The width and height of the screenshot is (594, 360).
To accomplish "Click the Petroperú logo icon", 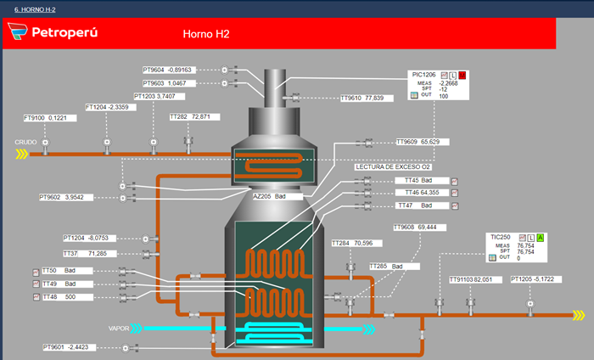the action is click(x=18, y=31).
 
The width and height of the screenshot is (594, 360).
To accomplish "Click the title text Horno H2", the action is click(x=206, y=34).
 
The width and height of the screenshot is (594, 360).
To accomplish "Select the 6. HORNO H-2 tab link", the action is click(x=35, y=9).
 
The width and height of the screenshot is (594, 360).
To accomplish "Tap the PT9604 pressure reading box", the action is click(x=170, y=70).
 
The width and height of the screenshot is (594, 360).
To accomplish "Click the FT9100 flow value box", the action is click(x=50, y=118).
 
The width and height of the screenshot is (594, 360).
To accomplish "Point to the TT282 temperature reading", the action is click(x=194, y=116).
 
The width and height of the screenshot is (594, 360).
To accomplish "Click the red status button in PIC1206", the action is click(x=462, y=75).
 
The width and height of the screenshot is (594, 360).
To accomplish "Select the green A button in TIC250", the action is click(x=541, y=238).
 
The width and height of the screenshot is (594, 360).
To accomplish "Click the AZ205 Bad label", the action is click(x=277, y=196).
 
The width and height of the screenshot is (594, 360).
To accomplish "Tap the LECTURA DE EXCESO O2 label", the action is click(x=393, y=166).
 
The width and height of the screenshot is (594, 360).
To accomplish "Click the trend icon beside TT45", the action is click(x=455, y=182).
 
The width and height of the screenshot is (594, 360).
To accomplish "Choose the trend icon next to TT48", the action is click(x=36, y=297).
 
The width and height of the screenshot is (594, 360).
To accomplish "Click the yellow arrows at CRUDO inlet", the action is click(x=22, y=154).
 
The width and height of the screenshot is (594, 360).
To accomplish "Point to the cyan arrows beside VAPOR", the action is click(x=137, y=329).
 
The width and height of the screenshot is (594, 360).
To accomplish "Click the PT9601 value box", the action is click(x=70, y=347).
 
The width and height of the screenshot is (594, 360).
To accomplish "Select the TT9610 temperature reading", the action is click(x=367, y=98).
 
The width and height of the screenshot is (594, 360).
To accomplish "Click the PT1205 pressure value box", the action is click(x=536, y=279).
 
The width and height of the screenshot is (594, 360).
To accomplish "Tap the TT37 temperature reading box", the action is click(x=89, y=254).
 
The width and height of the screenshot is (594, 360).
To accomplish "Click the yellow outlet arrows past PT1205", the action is click(x=579, y=315).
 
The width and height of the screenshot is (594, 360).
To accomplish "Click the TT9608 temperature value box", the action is click(x=420, y=228).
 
